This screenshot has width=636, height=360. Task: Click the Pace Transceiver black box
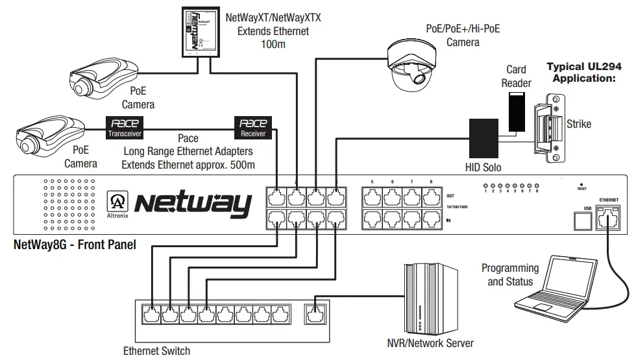(x=125, y=127)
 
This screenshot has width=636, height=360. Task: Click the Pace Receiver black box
(x=253, y=127)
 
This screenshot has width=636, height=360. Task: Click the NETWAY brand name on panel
(x=193, y=204)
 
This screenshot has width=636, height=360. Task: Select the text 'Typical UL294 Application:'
(x=584, y=72)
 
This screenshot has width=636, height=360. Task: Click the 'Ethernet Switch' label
(x=156, y=351)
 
